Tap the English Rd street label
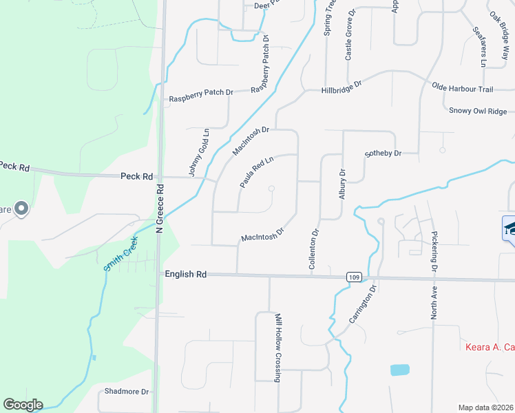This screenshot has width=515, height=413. click(186, 274)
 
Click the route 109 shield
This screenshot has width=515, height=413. click(353, 277)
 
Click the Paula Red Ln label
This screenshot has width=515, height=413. click(256, 172)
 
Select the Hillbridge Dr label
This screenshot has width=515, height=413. click(341, 87)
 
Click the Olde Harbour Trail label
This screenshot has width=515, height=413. click(463, 89)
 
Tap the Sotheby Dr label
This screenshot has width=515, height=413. click(383, 153)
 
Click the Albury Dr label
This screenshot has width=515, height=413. click(342, 184)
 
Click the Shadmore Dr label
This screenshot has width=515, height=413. click(126, 392)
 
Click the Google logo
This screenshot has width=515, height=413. click(23, 405)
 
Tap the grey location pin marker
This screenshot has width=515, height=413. click(21, 208)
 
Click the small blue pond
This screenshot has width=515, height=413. click(399, 370)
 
